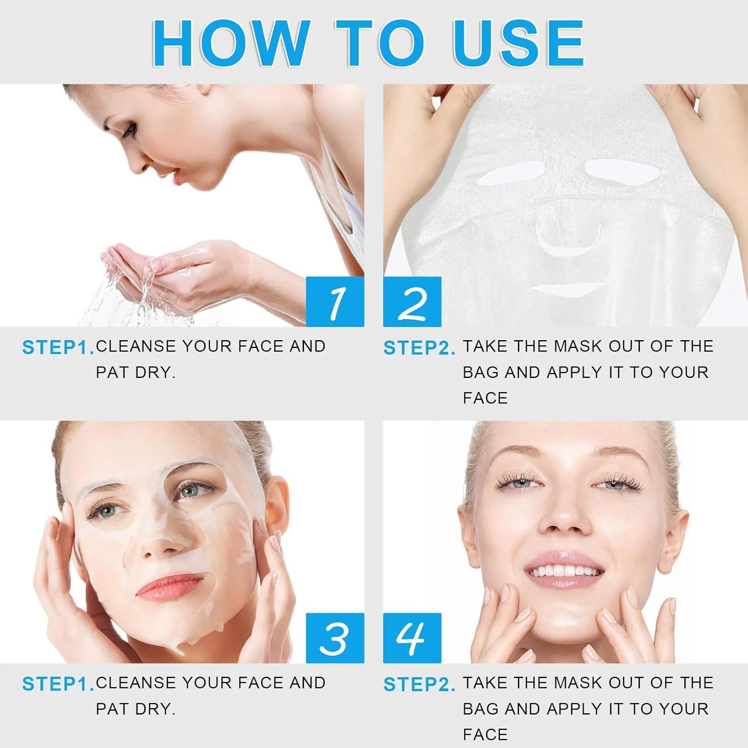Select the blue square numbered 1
[x=335, y=302]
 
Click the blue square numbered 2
[x=412, y=302]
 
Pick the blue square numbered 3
[x=335, y=638]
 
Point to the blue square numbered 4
[x=412, y=638]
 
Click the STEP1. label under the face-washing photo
[x=58, y=348]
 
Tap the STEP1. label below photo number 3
[x=58, y=684]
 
